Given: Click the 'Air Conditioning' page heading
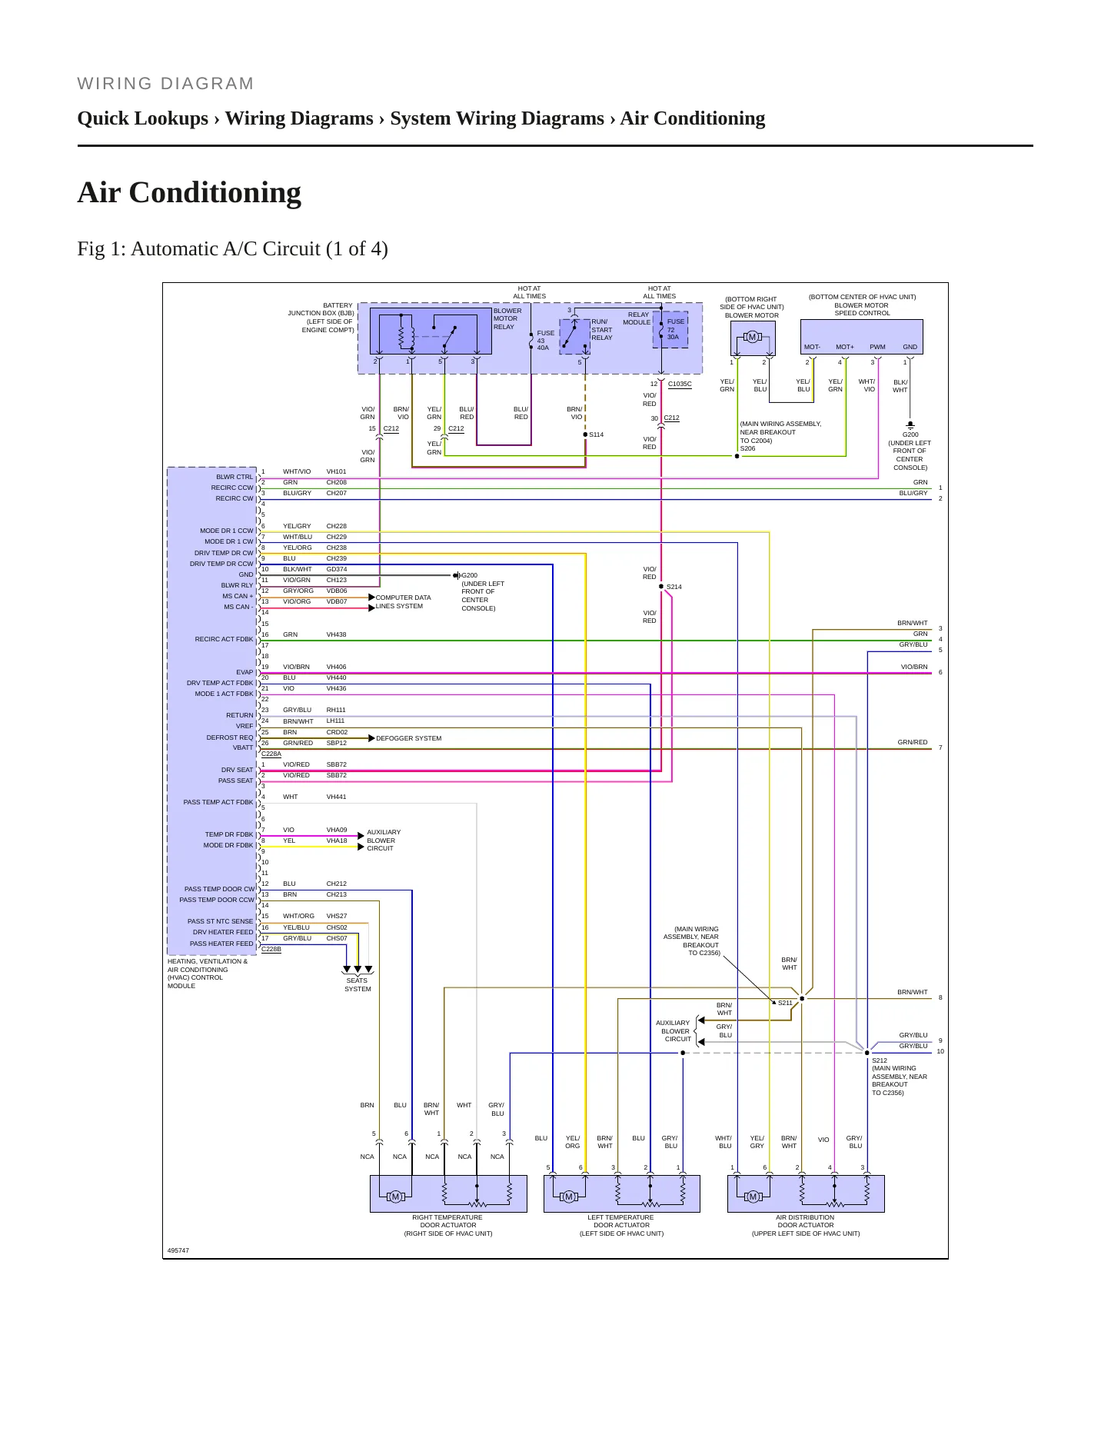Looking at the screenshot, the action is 189,192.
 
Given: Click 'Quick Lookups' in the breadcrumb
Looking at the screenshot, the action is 143,118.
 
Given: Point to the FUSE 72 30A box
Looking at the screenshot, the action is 670,329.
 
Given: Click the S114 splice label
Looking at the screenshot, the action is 597,434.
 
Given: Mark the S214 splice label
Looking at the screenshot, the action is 674,587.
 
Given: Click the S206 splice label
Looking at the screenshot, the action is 747,448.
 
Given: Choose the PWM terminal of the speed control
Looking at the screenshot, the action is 877,347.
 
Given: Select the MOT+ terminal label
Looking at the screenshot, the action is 845,347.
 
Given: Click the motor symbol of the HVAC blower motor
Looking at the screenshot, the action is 752,337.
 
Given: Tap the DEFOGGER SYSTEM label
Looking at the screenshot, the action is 409,738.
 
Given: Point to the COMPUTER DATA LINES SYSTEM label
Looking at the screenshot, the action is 404,601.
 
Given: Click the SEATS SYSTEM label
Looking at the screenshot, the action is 358,984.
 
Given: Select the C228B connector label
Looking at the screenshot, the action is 271,949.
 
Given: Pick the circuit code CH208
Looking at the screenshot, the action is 336,482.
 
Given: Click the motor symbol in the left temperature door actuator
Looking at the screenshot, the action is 569,1197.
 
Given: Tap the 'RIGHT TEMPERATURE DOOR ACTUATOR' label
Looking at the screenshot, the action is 448,1221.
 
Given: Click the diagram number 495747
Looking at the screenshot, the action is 178,1250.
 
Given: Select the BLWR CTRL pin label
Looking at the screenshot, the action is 235,477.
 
